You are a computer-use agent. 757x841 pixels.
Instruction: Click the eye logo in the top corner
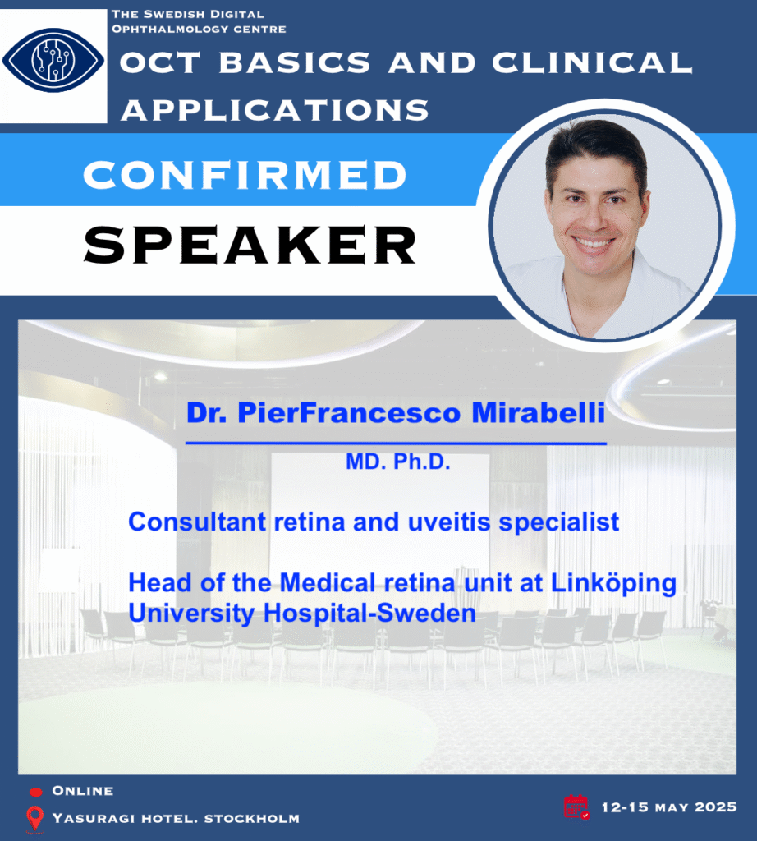coord(53,60)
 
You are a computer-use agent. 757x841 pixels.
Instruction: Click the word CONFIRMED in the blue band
coord(245,175)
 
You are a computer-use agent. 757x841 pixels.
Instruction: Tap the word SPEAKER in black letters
coord(250,245)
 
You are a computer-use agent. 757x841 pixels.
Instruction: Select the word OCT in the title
coord(160,62)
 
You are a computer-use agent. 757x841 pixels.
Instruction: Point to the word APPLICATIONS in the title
coord(275,110)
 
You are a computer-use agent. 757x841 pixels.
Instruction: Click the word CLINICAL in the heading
coord(593,62)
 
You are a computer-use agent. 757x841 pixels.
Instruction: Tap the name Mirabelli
coord(539,412)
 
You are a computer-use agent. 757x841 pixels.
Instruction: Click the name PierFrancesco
coord(349,412)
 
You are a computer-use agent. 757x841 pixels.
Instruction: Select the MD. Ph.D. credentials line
coord(398,462)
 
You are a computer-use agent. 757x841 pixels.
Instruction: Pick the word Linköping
coord(614,584)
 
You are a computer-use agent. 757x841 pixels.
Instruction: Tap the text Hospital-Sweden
coord(369,613)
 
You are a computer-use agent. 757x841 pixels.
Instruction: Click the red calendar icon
coord(576,807)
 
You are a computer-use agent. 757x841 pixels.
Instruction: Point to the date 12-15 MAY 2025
coord(669,807)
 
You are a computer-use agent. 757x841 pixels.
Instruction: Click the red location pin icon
coord(34,820)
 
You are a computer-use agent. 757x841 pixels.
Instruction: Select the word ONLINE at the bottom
coord(83,791)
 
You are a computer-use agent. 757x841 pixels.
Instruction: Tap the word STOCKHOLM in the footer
coord(252,819)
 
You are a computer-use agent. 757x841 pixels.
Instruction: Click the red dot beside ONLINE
coord(35,792)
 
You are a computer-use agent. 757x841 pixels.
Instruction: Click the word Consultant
coord(197,522)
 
